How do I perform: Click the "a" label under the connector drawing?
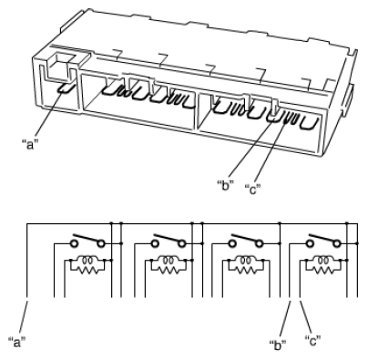point(31,144)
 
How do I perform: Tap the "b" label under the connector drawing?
point(226,185)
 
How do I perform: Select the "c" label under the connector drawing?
point(253,190)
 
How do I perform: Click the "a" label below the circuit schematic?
point(17,342)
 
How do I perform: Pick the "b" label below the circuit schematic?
point(278,345)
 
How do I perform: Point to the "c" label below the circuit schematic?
point(312,341)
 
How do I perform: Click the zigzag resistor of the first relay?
point(87,270)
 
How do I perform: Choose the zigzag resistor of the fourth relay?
point(323,270)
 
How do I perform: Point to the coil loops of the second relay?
point(168,261)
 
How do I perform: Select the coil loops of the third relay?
point(245,261)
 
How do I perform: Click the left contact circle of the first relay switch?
point(74,243)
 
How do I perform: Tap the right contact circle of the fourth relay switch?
point(336,243)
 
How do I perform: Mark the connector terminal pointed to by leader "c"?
point(287,118)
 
